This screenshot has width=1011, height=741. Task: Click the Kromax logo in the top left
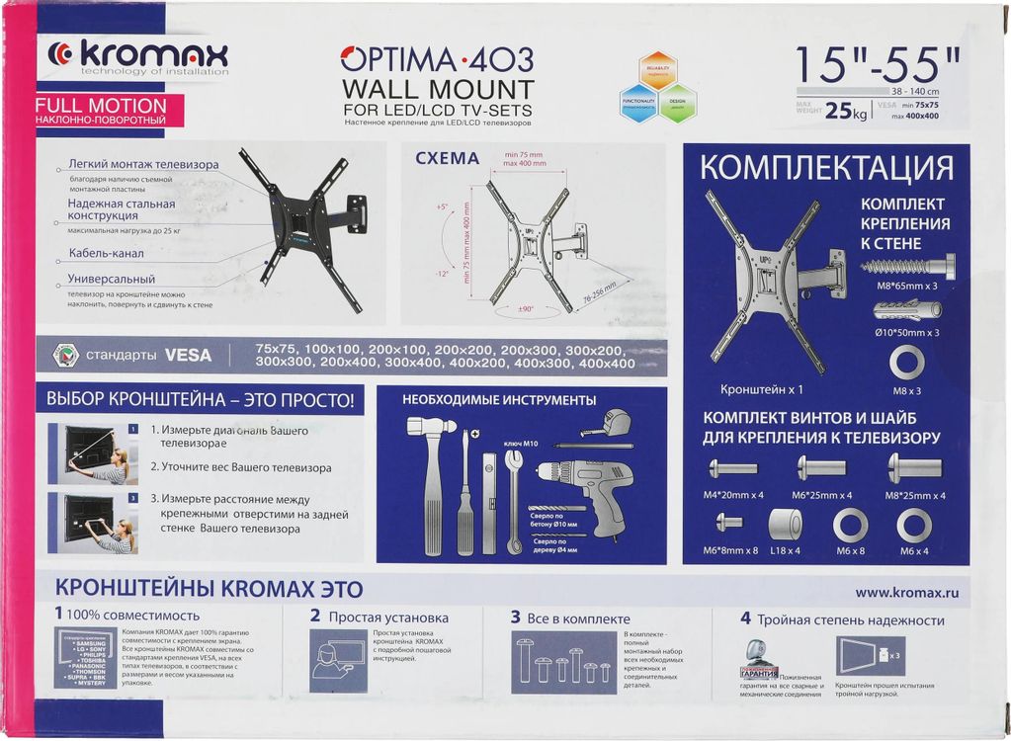pyautogui.click(x=138, y=56)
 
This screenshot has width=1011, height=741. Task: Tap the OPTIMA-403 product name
pyautogui.click(x=437, y=57)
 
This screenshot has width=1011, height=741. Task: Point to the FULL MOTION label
pyautogui.click(x=101, y=105)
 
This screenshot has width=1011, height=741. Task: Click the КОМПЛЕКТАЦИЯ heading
pyautogui.click(x=826, y=168)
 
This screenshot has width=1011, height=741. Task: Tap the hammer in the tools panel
pyautogui.click(x=432, y=474)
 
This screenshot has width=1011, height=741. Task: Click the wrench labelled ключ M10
pyautogui.click(x=513, y=499)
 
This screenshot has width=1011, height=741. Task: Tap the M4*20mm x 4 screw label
pyautogui.click(x=732, y=495)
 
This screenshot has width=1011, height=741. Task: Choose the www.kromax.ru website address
pyautogui.click(x=907, y=593)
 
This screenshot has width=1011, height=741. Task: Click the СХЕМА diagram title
pyautogui.click(x=447, y=158)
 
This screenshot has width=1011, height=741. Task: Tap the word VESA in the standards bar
pyautogui.click(x=188, y=355)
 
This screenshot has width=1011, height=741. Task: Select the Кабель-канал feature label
pyautogui.click(x=104, y=253)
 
